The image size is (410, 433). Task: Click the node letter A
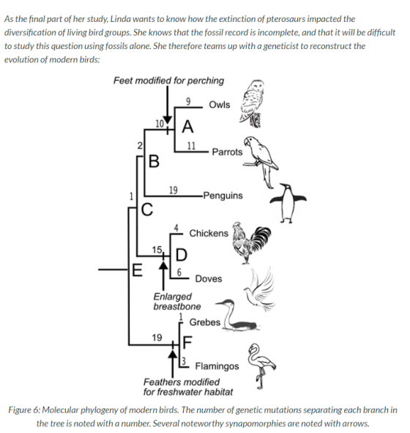(x=187, y=127)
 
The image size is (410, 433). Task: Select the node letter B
(x=154, y=161)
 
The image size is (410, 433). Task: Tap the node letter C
(x=146, y=210)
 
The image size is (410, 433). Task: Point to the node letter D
(x=182, y=255)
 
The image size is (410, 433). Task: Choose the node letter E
(x=137, y=270)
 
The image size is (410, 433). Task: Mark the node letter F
(x=187, y=342)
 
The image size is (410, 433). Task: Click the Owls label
(x=220, y=105)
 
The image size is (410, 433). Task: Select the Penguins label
(x=223, y=196)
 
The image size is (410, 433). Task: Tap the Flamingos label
(x=217, y=366)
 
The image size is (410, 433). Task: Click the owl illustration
(x=251, y=103)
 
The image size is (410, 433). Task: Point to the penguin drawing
(x=288, y=203)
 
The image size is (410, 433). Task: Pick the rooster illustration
(x=251, y=243)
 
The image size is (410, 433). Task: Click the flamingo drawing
(x=261, y=366)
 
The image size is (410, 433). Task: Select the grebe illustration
(x=237, y=315)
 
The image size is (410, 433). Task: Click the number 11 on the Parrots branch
(x=191, y=146)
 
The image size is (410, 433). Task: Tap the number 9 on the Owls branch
(x=188, y=102)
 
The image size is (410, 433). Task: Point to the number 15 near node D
(x=157, y=250)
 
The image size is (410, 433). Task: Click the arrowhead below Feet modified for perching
(x=167, y=121)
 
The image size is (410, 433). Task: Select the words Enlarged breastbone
(x=177, y=301)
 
